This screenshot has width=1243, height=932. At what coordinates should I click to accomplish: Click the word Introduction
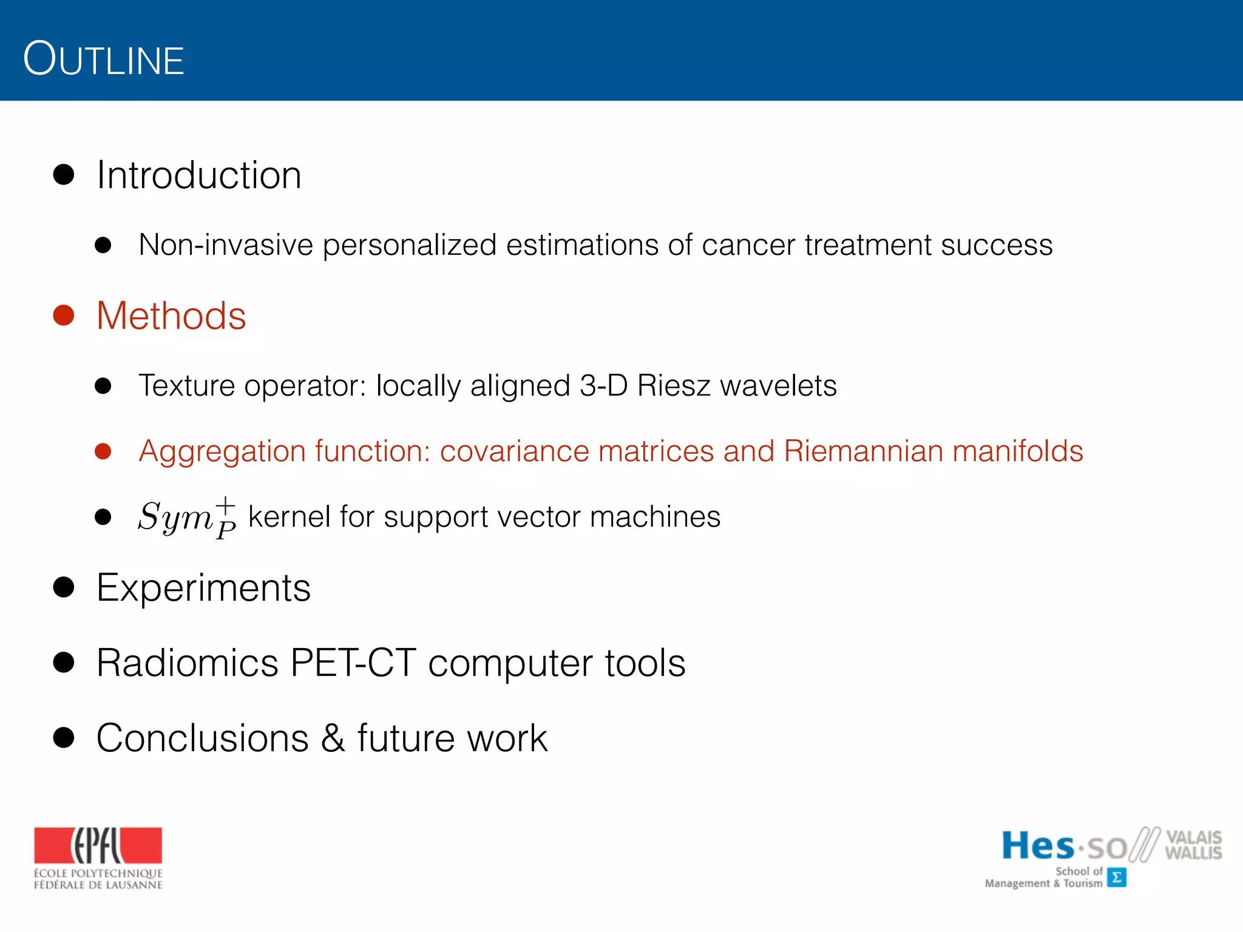198,175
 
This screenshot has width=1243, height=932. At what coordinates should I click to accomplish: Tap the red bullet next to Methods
64,316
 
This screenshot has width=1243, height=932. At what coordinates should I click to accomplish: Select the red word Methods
171,316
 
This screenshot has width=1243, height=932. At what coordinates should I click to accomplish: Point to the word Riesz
673,386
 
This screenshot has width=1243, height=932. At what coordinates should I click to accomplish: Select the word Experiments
203,588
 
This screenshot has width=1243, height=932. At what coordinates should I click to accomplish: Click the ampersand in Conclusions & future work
333,738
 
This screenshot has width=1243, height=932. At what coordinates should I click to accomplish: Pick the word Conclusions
203,738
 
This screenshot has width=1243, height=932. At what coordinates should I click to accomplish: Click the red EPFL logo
98,845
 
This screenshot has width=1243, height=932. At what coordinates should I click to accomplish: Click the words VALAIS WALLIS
1193,845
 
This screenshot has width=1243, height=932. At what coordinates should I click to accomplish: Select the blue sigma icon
1116,877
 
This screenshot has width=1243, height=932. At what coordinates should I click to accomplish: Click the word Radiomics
187,663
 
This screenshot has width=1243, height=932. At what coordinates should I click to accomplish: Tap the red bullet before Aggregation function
103,451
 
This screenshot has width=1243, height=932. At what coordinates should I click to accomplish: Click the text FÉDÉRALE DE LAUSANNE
98,885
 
